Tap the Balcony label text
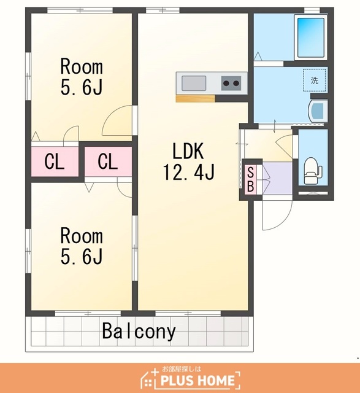coord(139,332)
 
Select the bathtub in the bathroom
coord(311,37)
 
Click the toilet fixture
coord(312,171)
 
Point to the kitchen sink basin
coord(194,84)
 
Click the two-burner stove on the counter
coord(231,84)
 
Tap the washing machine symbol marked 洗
coord(315,80)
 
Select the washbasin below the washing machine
coord(318,111)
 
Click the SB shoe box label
coord(251,179)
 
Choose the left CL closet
coord(55,161)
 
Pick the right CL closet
coord(108,161)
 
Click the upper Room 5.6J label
coord(82,77)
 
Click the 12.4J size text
coord(189,172)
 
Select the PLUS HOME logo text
coord(197,380)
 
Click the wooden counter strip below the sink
coord(195,98)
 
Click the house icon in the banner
coord(150,378)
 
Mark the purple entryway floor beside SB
coord(277,179)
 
